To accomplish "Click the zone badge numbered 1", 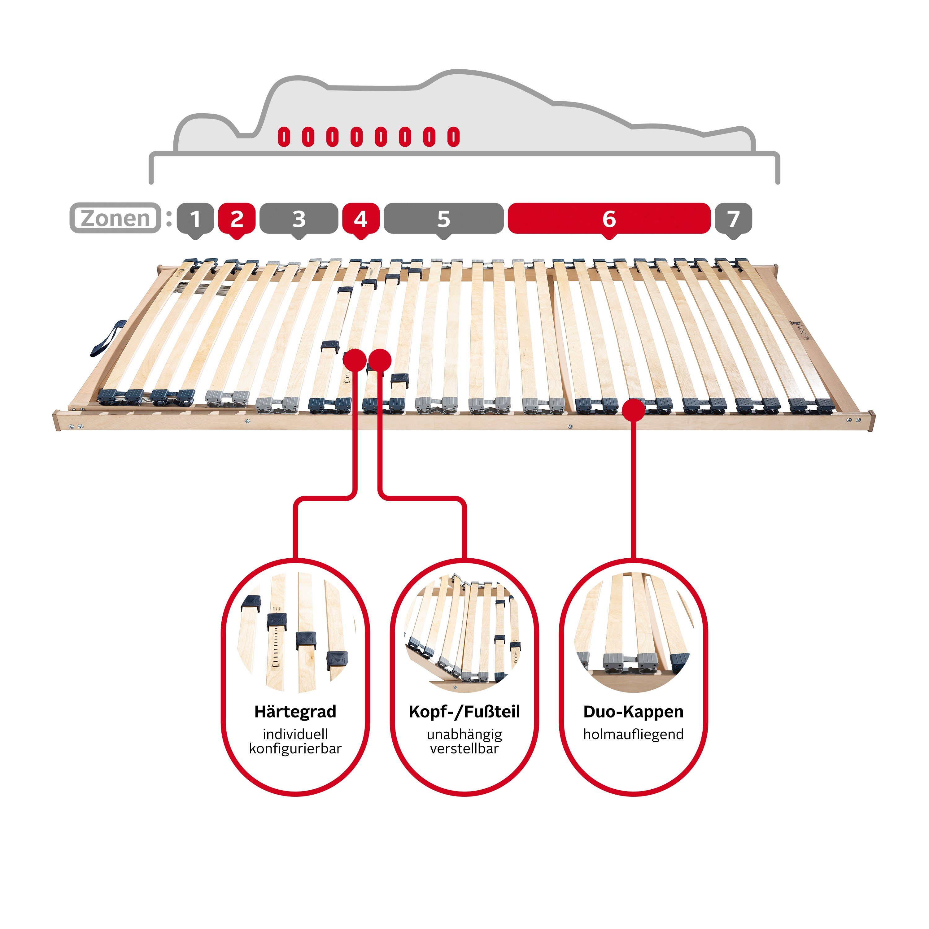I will (x=195, y=219).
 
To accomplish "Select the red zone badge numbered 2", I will (x=237, y=219).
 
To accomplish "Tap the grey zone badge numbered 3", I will (x=299, y=219).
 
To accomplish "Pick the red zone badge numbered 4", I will (x=361, y=219).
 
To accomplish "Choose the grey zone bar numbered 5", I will (x=443, y=219).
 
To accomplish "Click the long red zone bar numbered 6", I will (x=609, y=219).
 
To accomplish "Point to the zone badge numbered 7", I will (x=733, y=219).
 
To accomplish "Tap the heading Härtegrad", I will (x=295, y=712).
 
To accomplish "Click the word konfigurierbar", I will (x=295, y=749).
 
